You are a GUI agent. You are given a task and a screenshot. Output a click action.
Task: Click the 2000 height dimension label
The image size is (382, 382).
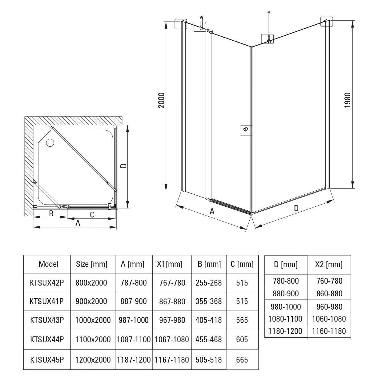161,100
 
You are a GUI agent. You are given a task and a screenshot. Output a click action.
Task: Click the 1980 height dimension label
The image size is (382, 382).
348,100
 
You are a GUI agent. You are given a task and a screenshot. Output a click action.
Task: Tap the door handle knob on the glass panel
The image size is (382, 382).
246,130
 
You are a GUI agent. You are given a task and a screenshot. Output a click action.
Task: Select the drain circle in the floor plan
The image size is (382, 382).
50,143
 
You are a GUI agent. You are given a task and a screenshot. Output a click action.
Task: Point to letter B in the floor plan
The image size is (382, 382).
51,213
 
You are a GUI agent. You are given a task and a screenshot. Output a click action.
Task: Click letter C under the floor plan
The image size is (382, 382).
92,215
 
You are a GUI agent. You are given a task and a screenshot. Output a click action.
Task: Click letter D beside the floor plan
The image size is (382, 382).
124,166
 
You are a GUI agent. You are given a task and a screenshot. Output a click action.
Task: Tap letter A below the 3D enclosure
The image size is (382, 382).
212,212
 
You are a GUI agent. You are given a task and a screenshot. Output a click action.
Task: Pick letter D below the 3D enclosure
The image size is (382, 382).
296,208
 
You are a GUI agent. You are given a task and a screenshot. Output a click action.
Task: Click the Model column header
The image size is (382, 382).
48,264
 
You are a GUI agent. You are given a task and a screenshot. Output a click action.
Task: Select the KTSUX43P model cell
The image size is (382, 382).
47,320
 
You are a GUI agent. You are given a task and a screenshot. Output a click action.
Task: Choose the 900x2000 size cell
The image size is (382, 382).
91,301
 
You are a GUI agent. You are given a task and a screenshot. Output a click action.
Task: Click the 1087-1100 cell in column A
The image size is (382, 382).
134,339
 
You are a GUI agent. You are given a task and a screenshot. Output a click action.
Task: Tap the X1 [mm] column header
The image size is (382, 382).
170,264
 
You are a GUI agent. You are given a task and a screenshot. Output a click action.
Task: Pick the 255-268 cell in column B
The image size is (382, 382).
208,283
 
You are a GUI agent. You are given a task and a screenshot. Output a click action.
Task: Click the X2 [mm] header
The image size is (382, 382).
329,265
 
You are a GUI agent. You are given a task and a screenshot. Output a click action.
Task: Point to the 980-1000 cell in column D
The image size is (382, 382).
286,307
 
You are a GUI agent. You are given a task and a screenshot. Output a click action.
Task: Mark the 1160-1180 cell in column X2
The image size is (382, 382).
329,331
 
